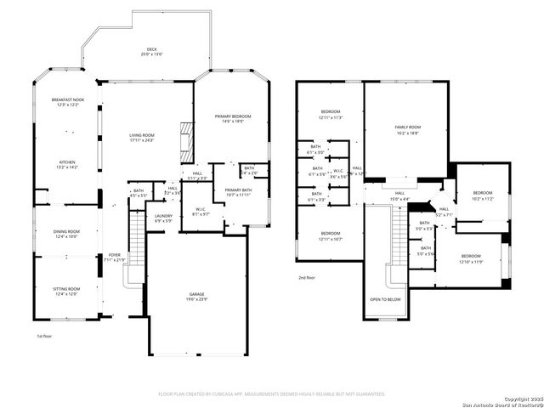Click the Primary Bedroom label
[229, 118]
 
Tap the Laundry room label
[164, 217]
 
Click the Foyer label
[114, 255]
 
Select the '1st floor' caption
[44, 336]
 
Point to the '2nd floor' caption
[306, 278]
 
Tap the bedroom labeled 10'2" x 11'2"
[482, 195]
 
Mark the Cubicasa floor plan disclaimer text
[272, 394]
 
